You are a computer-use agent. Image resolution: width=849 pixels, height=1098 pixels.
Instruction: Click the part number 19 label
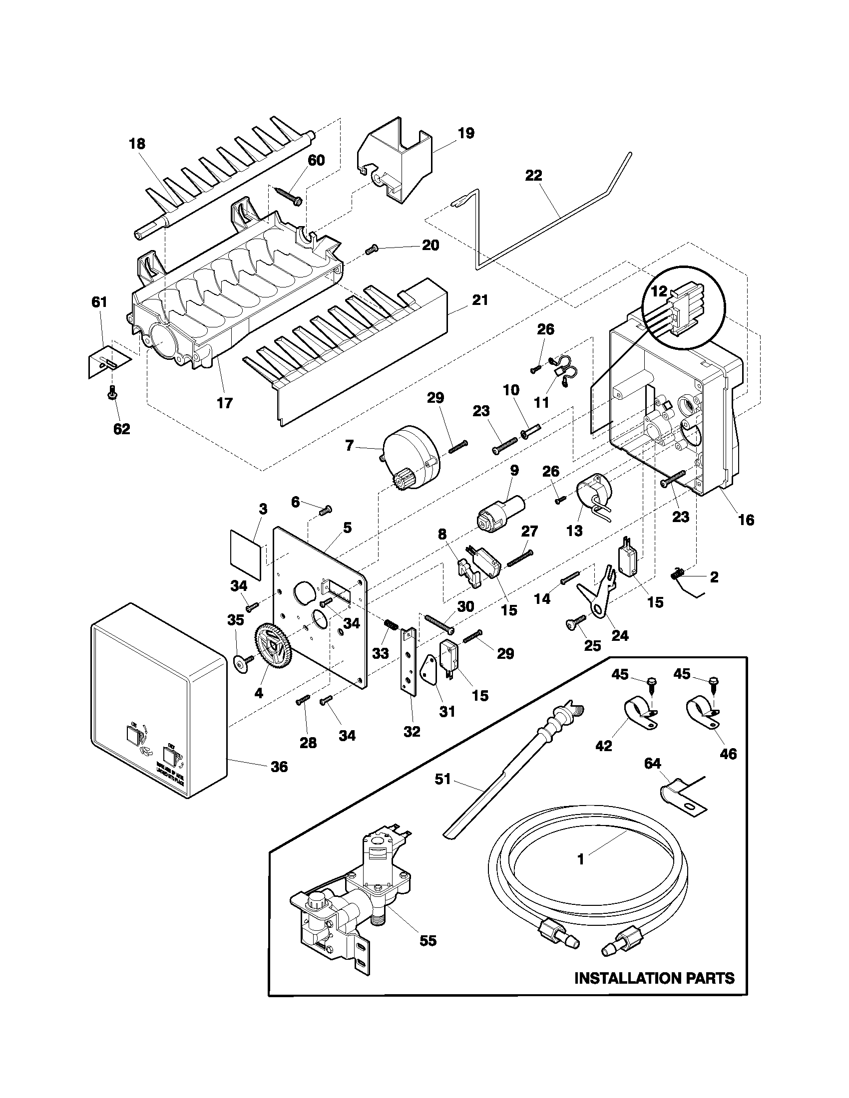(466, 133)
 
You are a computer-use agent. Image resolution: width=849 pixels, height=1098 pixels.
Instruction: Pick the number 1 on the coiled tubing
(580, 860)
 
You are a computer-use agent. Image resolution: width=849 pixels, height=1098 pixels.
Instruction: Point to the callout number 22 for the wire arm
(534, 176)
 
